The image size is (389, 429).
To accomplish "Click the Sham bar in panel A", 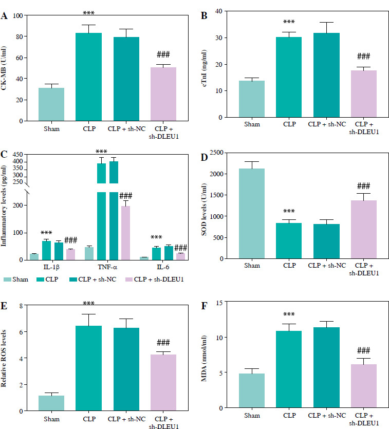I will [51, 104].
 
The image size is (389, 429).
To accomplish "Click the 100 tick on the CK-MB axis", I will [23, 15].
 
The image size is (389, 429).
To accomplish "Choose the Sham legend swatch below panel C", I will [8, 279].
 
